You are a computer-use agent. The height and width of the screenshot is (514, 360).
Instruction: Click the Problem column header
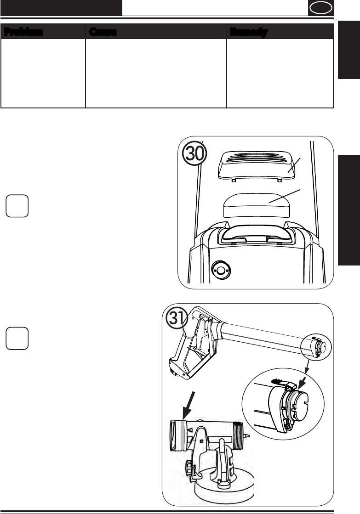click(23, 32)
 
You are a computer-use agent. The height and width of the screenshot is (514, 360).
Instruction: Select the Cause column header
click(103, 32)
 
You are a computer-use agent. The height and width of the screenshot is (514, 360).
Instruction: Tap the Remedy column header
click(249, 32)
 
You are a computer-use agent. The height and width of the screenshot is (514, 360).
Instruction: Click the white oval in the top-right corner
click(320, 8)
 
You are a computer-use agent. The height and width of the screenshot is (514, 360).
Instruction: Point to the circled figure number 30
click(195, 153)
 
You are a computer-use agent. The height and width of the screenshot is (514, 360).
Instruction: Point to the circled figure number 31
click(177, 318)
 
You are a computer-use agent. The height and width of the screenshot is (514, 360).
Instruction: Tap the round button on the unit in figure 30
click(221, 270)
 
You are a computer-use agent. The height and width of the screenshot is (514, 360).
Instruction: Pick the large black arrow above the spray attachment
click(189, 405)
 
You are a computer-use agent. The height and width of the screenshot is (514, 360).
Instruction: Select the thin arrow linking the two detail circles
click(307, 366)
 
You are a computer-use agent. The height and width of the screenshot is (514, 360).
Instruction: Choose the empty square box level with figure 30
click(17, 206)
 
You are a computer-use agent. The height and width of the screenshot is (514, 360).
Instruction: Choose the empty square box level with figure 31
click(17, 338)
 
